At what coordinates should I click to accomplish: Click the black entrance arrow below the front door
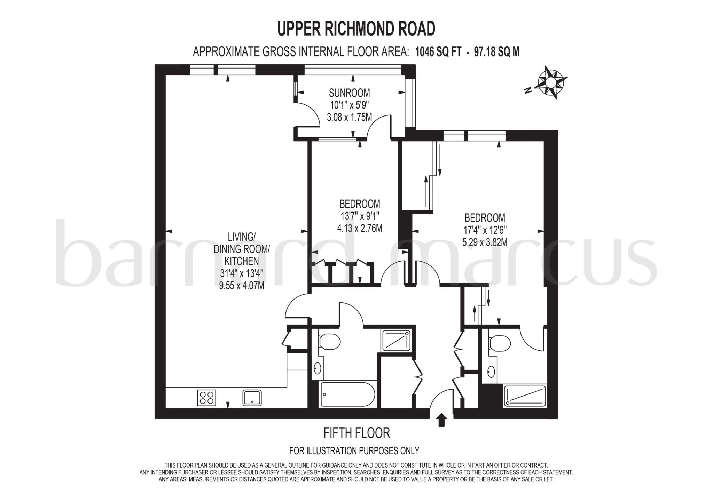click(x=441, y=420)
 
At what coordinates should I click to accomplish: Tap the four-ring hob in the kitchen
click(x=206, y=398)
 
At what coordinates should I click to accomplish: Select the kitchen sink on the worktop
click(x=252, y=398)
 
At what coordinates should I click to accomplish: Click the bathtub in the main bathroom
click(x=347, y=394)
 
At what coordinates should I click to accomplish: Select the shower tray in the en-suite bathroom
click(x=525, y=396)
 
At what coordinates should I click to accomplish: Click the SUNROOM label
click(x=349, y=93)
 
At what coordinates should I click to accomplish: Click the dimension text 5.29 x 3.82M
click(x=485, y=242)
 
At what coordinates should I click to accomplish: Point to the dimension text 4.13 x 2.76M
click(x=360, y=228)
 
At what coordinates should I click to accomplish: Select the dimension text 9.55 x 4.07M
click(x=241, y=285)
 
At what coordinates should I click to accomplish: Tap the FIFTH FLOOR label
click(x=356, y=433)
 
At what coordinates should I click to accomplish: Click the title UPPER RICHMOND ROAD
click(x=356, y=29)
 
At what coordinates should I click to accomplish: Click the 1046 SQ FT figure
click(x=438, y=52)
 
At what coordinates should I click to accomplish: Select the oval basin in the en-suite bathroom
click(x=491, y=372)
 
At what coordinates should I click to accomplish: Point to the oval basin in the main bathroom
click(x=318, y=368)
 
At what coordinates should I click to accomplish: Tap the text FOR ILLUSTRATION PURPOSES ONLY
click(x=354, y=451)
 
